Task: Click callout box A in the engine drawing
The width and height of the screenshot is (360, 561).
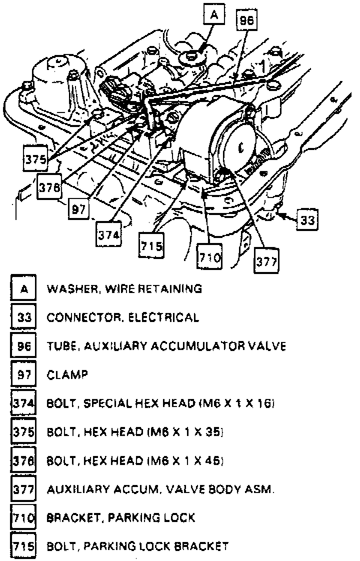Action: tap(214, 16)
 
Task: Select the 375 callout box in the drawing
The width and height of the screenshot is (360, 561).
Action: tap(36, 159)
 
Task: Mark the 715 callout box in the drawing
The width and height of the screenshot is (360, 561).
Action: tap(151, 246)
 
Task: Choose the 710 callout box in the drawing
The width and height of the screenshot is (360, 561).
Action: tap(210, 257)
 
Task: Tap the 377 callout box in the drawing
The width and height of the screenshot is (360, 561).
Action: tap(266, 260)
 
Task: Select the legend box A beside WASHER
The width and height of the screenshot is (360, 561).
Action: tap(23, 288)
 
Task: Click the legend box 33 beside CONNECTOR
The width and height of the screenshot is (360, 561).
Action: tap(23, 317)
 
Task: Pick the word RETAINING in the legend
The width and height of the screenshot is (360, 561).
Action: tap(172, 288)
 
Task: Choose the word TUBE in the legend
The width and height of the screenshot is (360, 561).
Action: tap(59, 346)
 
